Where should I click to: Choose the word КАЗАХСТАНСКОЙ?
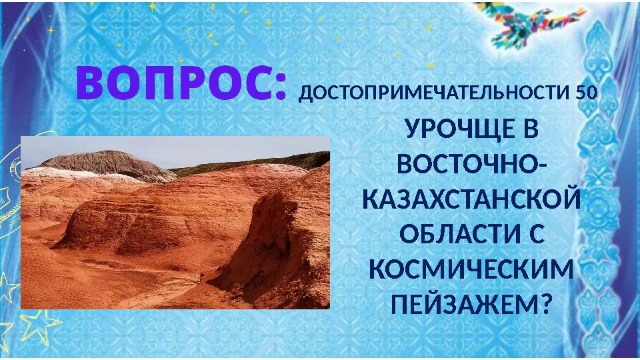469,199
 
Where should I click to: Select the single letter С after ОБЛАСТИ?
537,235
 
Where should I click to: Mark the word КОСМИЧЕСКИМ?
469,270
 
